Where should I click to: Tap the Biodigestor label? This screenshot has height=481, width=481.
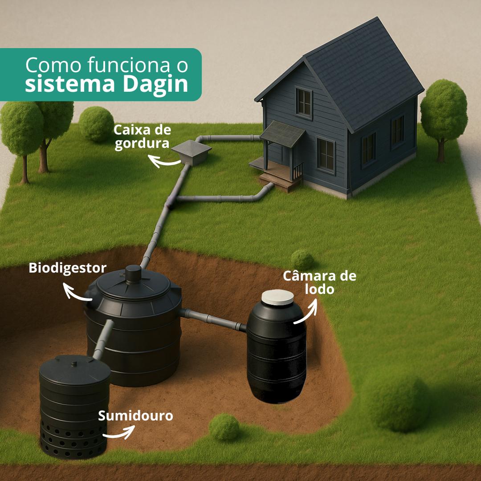pyautogui.click(x=68, y=268)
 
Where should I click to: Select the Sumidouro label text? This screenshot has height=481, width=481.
pyautogui.click(x=135, y=416)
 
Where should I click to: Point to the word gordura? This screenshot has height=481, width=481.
pyautogui.click(x=135, y=144)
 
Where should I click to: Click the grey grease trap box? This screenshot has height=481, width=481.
pyautogui.click(x=191, y=152)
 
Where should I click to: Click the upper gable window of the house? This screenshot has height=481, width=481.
pyautogui.click(x=304, y=102)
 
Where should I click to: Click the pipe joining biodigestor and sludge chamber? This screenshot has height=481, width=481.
pyautogui.click(x=213, y=320)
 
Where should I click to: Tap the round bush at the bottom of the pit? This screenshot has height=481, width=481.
pyautogui.click(x=224, y=427)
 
